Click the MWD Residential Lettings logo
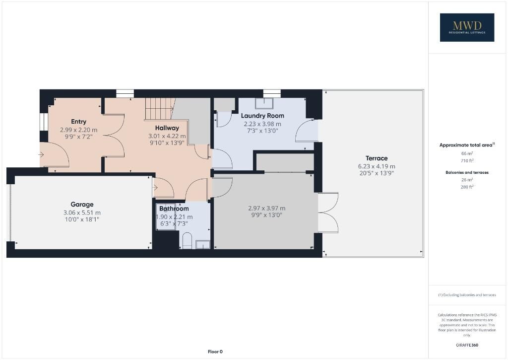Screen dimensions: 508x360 [x=467, y=27]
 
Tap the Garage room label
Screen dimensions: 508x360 [x=82, y=204]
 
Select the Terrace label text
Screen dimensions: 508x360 [x=377, y=158]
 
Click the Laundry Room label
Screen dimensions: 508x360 [x=262, y=116]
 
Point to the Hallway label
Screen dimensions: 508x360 [x=167, y=128]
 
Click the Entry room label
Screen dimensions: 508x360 [x=79, y=122]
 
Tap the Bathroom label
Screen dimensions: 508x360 [x=174, y=209]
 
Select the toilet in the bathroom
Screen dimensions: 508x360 [x=187, y=240]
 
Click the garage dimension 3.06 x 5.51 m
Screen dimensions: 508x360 [x=82, y=213]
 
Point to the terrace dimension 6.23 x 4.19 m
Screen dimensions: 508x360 [x=377, y=166]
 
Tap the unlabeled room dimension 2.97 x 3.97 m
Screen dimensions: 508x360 [x=266, y=208]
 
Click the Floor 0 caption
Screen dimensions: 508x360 [x=215, y=352]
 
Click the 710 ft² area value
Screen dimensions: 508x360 [x=467, y=160]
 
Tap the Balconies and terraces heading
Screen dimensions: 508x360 [x=467, y=172]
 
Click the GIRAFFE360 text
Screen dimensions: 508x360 [x=467, y=345]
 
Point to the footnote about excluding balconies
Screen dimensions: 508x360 [x=467, y=295]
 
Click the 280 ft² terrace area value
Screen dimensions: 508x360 [x=467, y=187]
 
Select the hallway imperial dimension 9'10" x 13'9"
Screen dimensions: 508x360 [x=167, y=143]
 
